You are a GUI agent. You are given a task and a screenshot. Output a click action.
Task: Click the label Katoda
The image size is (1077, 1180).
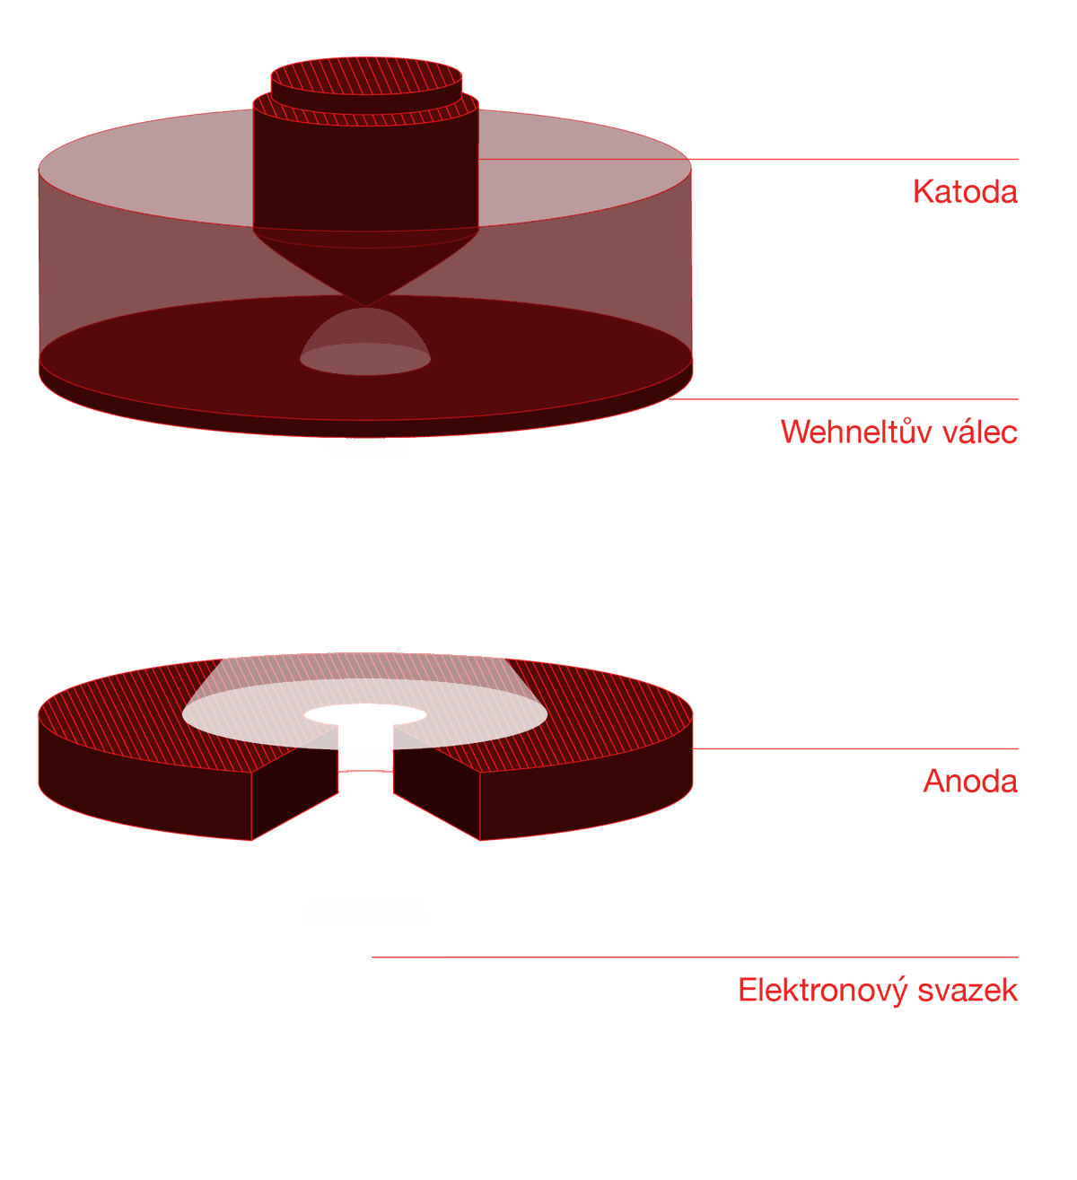click(x=965, y=191)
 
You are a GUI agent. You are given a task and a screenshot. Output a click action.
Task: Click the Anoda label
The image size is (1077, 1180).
click(x=969, y=781)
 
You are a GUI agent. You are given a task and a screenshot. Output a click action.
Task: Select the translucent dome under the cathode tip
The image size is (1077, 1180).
click(x=365, y=345)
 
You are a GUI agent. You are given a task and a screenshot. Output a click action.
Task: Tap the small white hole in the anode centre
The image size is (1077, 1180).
click(x=365, y=715)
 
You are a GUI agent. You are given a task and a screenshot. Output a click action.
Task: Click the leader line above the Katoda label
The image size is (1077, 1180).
click(x=853, y=160)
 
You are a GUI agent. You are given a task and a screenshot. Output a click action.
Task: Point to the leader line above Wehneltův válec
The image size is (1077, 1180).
click(x=853, y=398)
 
